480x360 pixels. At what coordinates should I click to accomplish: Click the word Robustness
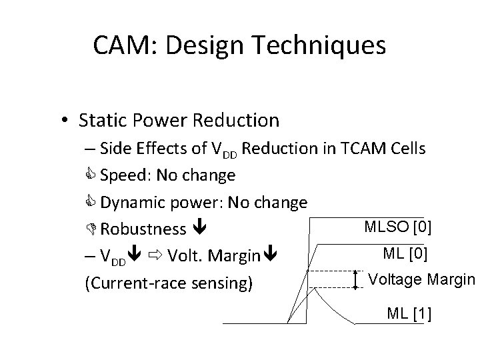pos(143,229)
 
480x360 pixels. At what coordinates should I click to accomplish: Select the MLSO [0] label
pos(398,229)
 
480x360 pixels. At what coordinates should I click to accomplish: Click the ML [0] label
pos(406,253)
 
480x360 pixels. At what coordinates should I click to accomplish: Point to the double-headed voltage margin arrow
pos(356,279)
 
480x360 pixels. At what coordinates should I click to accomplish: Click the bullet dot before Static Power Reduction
pos(62,121)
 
